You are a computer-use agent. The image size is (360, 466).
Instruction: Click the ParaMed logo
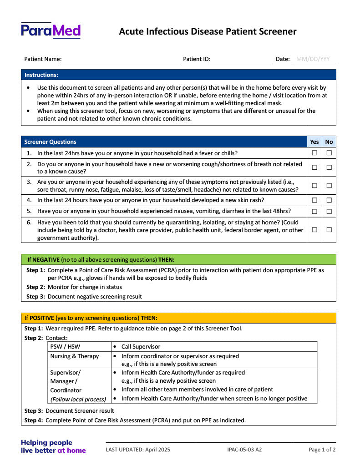click(51, 30)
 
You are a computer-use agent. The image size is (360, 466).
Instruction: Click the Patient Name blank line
click(121, 60)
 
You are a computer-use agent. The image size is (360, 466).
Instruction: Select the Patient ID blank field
click(241, 60)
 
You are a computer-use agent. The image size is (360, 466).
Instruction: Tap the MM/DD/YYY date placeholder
click(313, 59)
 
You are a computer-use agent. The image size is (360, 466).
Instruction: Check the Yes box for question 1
click(314, 153)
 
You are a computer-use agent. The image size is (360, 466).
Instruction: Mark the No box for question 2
click(329, 167)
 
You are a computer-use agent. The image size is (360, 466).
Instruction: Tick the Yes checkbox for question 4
click(314, 200)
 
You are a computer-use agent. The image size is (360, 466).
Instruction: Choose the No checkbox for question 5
click(329, 211)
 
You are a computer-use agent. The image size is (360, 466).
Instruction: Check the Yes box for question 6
click(314, 230)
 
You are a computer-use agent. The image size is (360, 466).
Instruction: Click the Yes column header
click(314, 142)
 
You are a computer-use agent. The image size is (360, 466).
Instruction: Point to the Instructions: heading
click(41, 75)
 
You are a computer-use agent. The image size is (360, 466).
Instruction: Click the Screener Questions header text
click(51, 142)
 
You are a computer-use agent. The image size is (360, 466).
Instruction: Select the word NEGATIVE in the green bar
click(46, 260)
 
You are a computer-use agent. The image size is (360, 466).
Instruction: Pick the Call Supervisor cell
click(141, 347)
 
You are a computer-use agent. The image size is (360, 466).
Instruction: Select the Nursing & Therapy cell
click(75, 356)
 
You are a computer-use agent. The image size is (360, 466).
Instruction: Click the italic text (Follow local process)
click(78, 399)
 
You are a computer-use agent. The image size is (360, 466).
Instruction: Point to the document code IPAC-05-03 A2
click(244, 450)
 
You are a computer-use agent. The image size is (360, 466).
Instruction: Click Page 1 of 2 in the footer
click(322, 450)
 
